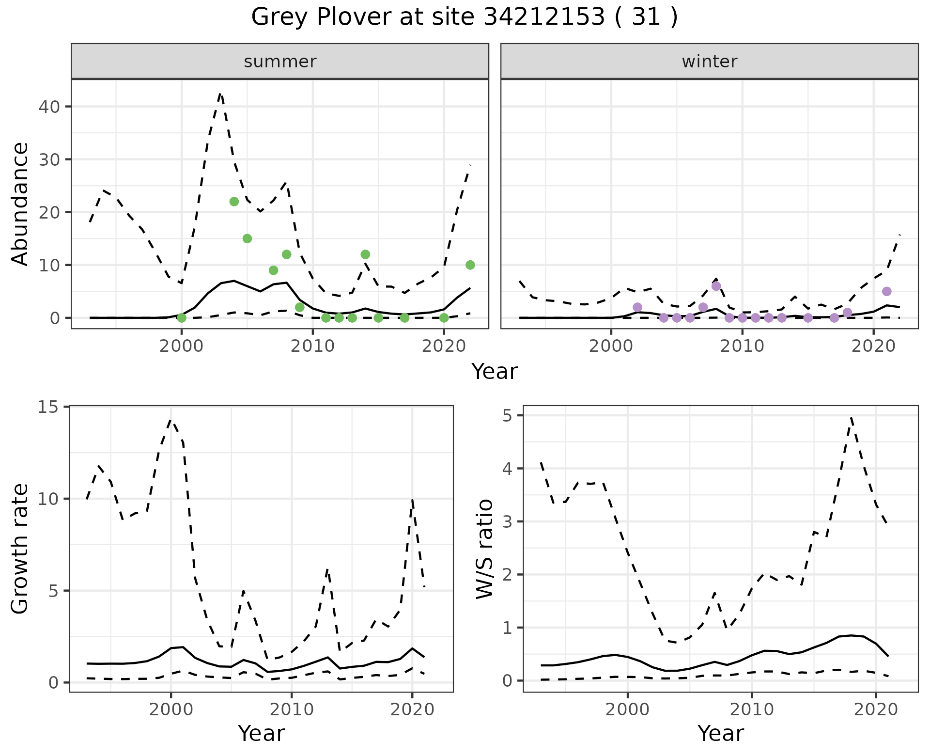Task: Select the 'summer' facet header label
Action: (280, 62)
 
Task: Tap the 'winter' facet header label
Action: (709, 62)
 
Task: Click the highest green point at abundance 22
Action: (234, 202)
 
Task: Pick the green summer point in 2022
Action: (470, 265)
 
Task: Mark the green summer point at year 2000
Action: (182, 318)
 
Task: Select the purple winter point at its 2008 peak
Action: (716, 286)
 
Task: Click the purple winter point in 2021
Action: (887, 291)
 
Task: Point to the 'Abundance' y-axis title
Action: (20, 204)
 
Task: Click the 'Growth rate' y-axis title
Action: (20, 549)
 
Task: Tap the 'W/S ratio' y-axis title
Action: (485, 549)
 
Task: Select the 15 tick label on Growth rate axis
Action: (48, 407)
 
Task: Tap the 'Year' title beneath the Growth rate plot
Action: (261, 733)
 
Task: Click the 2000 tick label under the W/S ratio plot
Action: (628, 710)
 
